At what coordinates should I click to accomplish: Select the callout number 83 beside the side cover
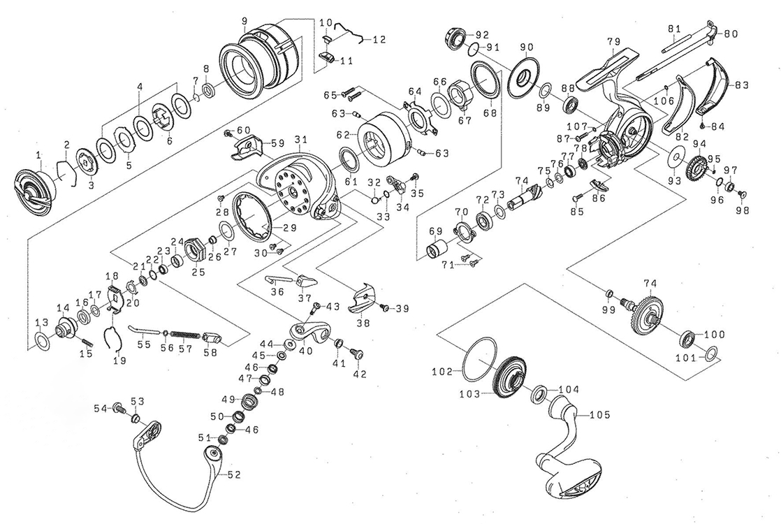point(740,85)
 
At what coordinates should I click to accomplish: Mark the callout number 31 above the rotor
point(301,138)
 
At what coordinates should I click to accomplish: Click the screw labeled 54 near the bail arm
point(117,407)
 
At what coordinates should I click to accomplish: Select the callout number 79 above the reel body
point(613,42)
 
